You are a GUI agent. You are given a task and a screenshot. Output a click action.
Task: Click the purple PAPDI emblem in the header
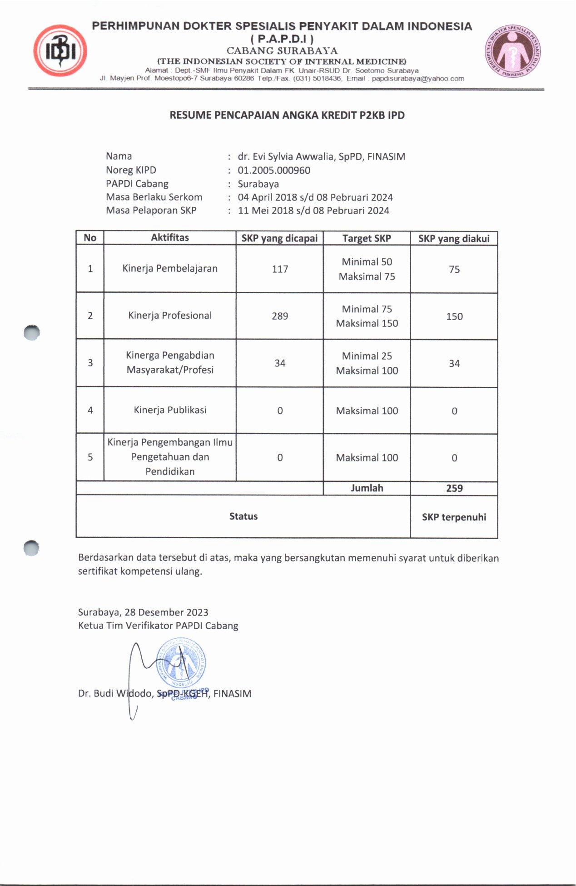click(513, 51)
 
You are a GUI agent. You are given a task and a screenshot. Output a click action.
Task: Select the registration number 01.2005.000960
click(274, 170)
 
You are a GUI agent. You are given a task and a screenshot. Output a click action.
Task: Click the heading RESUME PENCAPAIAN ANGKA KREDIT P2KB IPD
click(287, 115)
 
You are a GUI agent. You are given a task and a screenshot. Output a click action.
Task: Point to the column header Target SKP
click(367, 238)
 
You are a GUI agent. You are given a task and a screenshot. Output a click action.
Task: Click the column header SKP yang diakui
click(454, 238)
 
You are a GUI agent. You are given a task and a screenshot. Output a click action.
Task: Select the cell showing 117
click(280, 269)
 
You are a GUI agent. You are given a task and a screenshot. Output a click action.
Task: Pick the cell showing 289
click(280, 316)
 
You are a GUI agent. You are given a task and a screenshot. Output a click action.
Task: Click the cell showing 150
click(454, 316)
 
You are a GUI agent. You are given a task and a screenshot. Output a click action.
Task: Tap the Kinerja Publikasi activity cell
click(170, 410)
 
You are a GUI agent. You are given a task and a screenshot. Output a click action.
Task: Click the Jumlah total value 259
click(454, 488)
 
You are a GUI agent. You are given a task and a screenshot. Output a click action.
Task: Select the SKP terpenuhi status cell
click(454, 517)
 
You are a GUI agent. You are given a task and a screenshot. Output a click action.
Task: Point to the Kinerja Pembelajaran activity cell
click(170, 269)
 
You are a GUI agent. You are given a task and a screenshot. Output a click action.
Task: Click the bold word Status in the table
click(243, 516)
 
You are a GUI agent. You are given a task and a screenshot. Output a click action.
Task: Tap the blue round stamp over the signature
click(181, 663)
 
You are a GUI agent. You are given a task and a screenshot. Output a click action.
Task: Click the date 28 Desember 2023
click(166, 612)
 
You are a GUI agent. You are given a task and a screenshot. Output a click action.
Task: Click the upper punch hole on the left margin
click(32, 333)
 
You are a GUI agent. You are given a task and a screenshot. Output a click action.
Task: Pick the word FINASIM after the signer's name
click(232, 694)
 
